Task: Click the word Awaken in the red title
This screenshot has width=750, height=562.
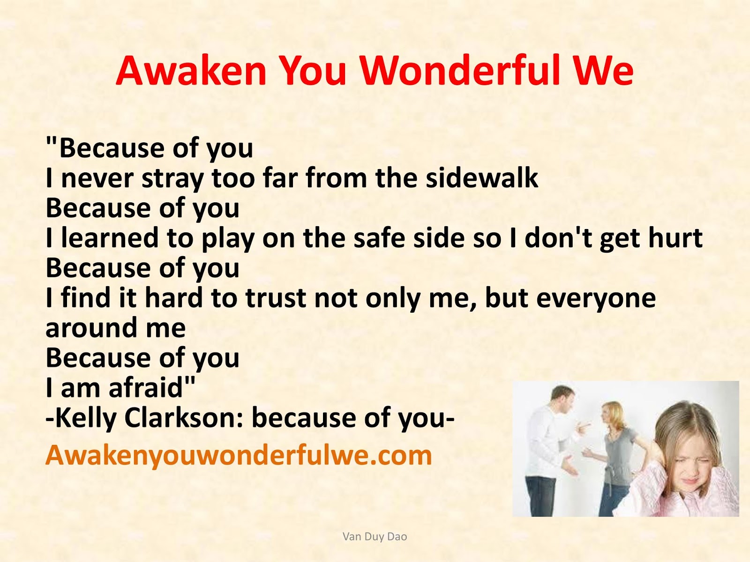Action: [x=191, y=71]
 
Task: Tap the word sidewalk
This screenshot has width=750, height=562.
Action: [x=482, y=178]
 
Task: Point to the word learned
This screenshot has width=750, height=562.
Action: [x=110, y=238]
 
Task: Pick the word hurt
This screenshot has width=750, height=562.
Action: [x=676, y=238]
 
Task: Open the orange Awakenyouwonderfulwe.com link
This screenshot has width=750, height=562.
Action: [x=239, y=456]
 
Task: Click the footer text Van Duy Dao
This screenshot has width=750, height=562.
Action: [x=375, y=536]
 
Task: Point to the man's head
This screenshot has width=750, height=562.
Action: [x=562, y=398]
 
